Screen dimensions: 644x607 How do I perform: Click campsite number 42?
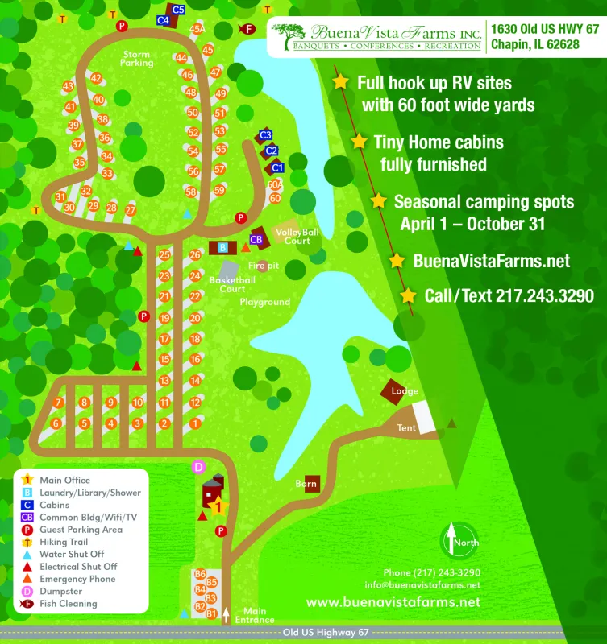point(96,78)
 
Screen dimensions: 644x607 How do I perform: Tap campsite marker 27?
point(131,209)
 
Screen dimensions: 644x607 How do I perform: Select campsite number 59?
point(219,191)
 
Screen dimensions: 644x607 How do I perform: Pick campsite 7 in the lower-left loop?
point(58,402)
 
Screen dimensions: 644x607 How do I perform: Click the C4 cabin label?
point(163,19)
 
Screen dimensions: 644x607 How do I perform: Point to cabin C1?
point(276,167)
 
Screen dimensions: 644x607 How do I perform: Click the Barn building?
point(307,484)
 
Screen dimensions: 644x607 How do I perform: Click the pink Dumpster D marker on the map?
point(199,467)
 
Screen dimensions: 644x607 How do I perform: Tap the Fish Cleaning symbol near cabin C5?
point(248,29)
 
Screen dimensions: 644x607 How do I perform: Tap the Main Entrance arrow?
point(227,616)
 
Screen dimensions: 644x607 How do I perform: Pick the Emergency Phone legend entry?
point(77,579)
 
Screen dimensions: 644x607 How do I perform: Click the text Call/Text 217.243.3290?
point(509,296)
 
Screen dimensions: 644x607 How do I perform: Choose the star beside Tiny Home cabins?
point(359,142)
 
